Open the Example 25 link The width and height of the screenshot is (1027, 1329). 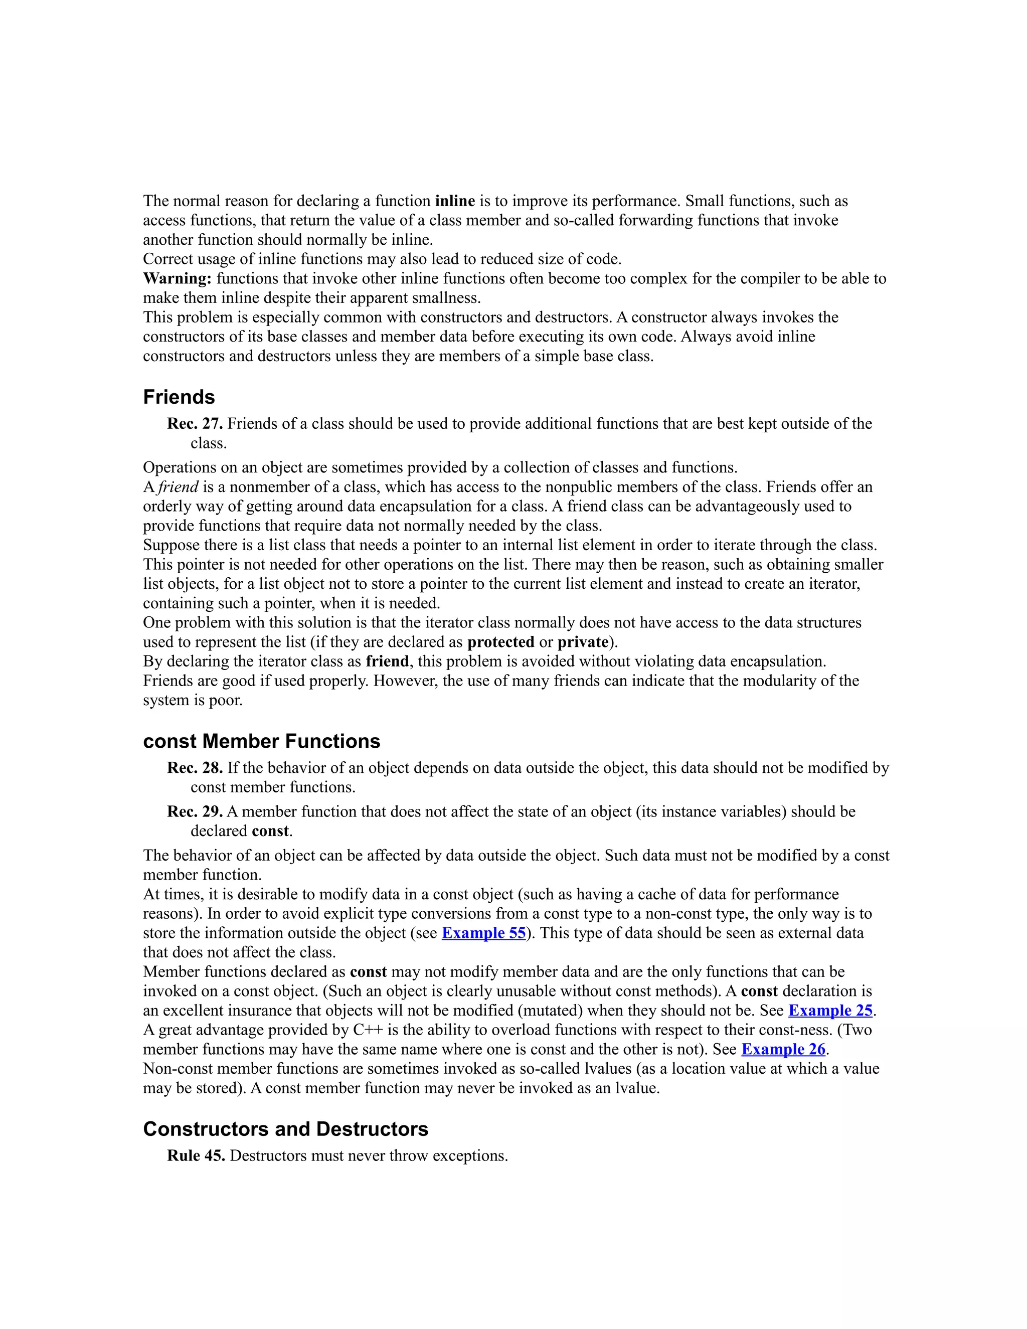[830, 1010]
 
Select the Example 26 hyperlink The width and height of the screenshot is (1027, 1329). [783, 1049]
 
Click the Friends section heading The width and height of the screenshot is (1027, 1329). [179, 397]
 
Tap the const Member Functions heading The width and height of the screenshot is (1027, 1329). [262, 741]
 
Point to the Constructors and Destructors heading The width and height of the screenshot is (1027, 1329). [285, 1129]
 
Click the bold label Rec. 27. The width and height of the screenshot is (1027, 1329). [195, 424]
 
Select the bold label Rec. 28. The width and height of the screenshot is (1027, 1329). [195, 768]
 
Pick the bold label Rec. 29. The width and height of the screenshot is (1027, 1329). [195, 812]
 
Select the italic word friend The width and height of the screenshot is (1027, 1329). [178, 487]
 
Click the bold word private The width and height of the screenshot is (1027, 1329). [583, 642]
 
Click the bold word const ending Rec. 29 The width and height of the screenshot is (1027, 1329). [269, 831]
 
